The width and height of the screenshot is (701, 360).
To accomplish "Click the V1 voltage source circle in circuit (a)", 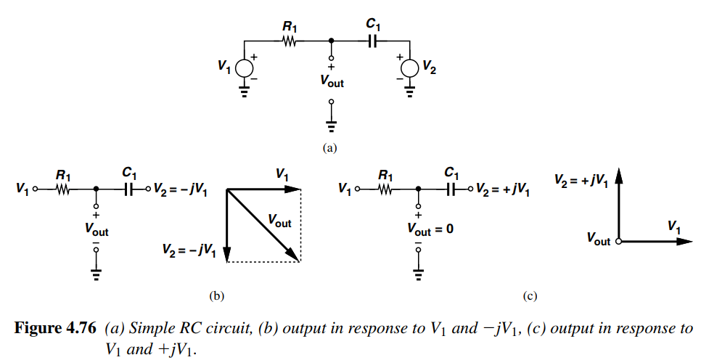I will (x=243, y=67).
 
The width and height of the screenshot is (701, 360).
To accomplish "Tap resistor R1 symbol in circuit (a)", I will (x=290, y=41).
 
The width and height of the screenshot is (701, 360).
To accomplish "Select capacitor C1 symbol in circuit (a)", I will (x=373, y=41).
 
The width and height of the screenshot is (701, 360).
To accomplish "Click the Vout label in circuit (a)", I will (x=332, y=82).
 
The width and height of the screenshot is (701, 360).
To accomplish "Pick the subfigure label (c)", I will (x=530, y=295).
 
